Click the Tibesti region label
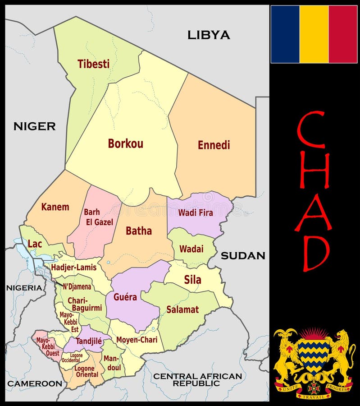tap(93, 64)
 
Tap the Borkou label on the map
tap(125, 143)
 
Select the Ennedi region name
tap(214, 145)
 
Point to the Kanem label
tap(55, 207)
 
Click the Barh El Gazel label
tap(98, 217)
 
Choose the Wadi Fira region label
tap(196, 212)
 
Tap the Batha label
tap(138, 231)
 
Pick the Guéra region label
tap(125, 297)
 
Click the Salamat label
tap(182, 309)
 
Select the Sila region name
tap(192, 280)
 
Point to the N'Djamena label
tap(77, 286)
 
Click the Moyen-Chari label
tap(137, 339)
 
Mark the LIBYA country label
tap(209, 35)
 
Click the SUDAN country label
tap(242, 256)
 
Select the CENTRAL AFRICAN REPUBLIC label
tap(197, 379)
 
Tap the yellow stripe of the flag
tap(314, 34)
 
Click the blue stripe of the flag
tap(285, 34)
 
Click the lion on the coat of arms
tap(342, 354)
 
